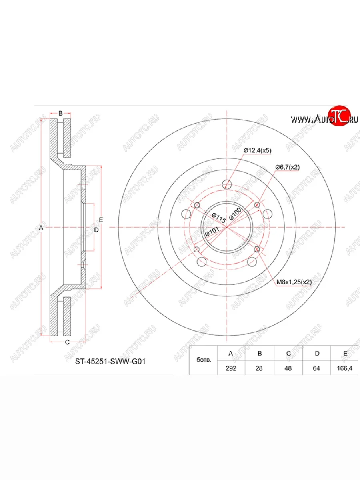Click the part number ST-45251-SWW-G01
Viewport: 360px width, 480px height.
coord(110,361)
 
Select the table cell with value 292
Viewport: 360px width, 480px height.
coord(231,368)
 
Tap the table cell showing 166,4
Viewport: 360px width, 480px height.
coord(344,368)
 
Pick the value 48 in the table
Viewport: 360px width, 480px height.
coord(288,368)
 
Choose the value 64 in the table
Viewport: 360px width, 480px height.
coord(316,368)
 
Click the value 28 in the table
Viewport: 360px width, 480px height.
coord(259,368)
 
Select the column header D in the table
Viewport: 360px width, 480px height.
coord(316,353)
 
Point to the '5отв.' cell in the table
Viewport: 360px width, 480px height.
coord(203,360)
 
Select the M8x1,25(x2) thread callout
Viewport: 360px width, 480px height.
coord(294,282)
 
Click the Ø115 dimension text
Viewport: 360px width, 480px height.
coord(219,218)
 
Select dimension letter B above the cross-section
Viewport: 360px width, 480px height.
coord(60,113)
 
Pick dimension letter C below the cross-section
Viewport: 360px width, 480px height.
coord(67,342)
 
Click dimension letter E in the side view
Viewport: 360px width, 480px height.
coord(101,220)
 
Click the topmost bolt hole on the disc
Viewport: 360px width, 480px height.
coord(227,184)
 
